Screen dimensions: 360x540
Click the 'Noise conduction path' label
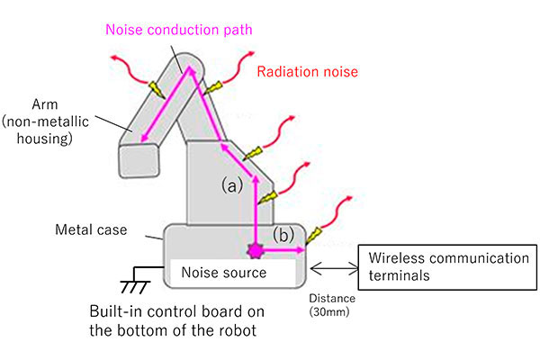pyautogui.click(x=178, y=29)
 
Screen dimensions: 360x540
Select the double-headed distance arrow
pyautogui.click(x=335, y=266)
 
